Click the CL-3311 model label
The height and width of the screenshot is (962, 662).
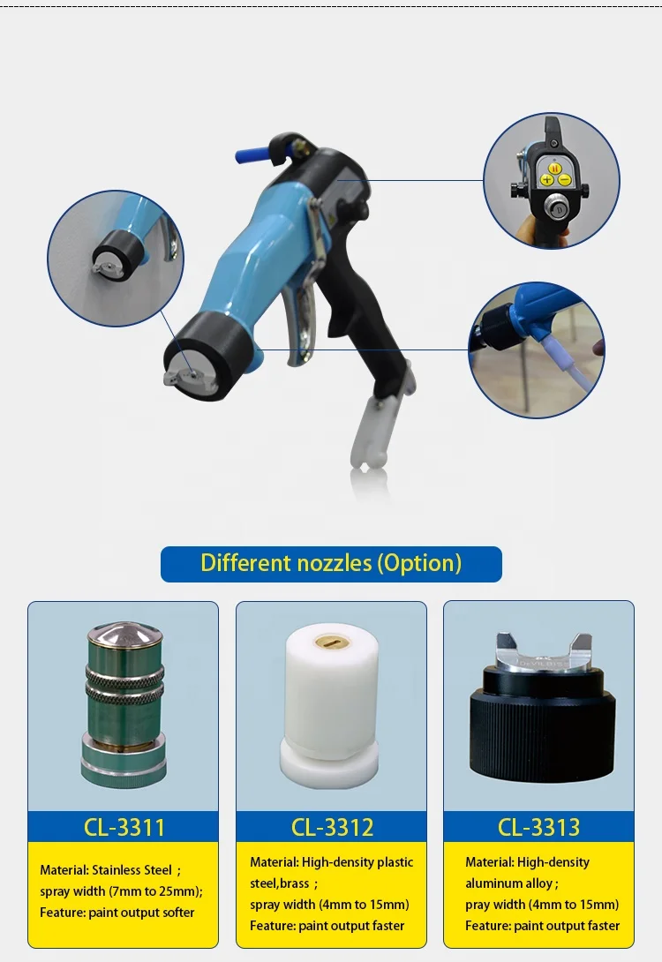tap(124, 827)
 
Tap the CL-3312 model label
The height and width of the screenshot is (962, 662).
tap(332, 827)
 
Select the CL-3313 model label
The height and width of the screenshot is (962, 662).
tap(538, 827)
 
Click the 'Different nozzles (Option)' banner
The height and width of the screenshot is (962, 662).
tap(331, 564)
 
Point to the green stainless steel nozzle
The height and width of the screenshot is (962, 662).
tap(124, 705)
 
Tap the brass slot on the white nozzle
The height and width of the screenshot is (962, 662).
tap(332, 643)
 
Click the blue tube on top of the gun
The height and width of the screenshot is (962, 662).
tap(253, 154)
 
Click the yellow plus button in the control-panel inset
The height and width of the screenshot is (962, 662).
tap(546, 180)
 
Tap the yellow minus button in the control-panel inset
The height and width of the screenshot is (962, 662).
tap(565, 180)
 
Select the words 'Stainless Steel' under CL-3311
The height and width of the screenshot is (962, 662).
tap(132, 870)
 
